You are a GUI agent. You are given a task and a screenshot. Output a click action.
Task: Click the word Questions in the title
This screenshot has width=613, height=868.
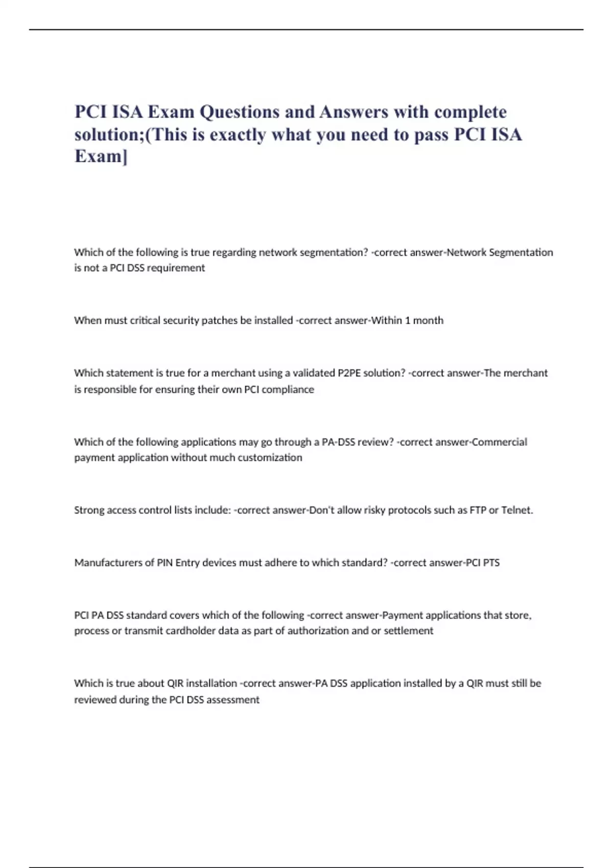pos(239,112)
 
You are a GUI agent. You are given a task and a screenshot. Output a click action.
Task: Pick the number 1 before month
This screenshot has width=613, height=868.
pos(407,321)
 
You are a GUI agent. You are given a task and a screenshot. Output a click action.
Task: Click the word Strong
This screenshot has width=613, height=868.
pos(89,510)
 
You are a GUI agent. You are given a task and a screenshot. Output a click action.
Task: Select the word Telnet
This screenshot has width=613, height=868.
pos(517,510)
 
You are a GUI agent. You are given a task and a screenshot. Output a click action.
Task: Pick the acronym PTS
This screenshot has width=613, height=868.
pos(491,563)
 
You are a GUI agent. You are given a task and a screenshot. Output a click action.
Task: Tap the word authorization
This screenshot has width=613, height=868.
pos(318,631)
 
